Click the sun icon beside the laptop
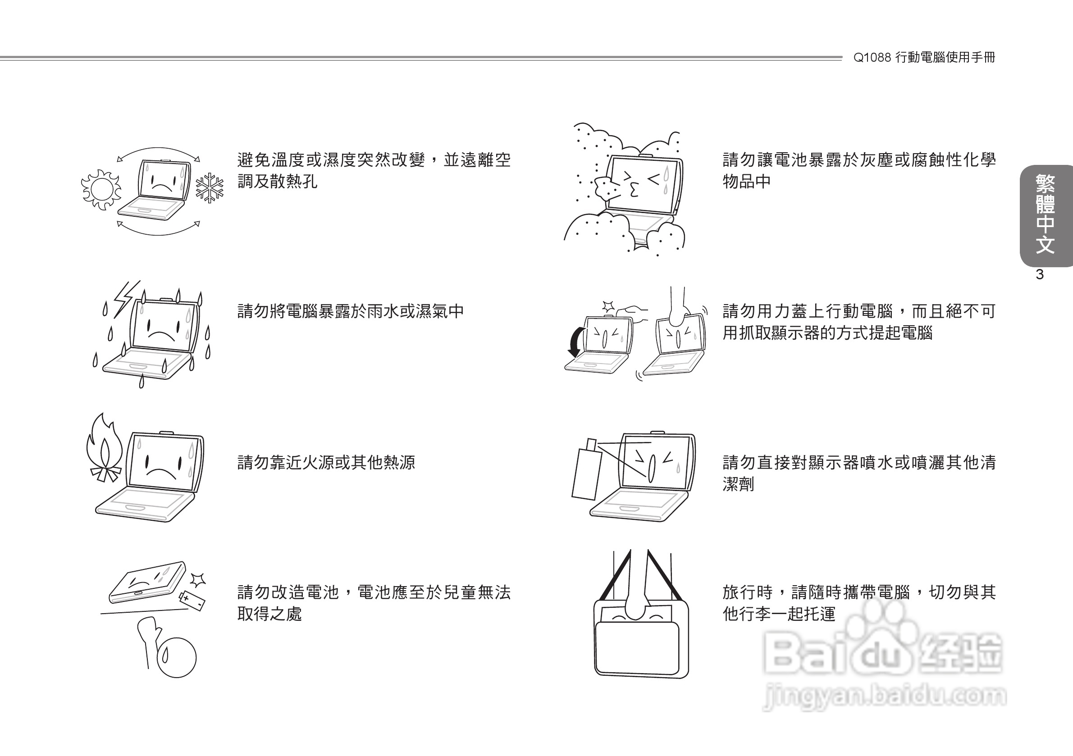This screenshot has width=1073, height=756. tap(100, 189)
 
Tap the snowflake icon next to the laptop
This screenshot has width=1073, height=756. tap(210, 188)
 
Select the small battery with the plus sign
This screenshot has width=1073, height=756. tap(192, 601)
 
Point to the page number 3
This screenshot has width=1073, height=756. tap(1039, 275)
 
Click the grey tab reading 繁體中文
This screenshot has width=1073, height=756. tap(1046, 215)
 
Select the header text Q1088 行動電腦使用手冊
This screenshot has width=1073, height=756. tap(924, 58)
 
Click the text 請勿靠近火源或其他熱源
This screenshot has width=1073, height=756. tap(326, 463)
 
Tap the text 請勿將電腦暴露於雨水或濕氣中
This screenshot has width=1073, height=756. tap(351, 311)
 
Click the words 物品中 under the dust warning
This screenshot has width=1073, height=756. tap(746, 181)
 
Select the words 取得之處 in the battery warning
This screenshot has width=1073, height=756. tap(269, 614)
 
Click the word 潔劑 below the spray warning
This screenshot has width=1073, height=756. tap(738, 484)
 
